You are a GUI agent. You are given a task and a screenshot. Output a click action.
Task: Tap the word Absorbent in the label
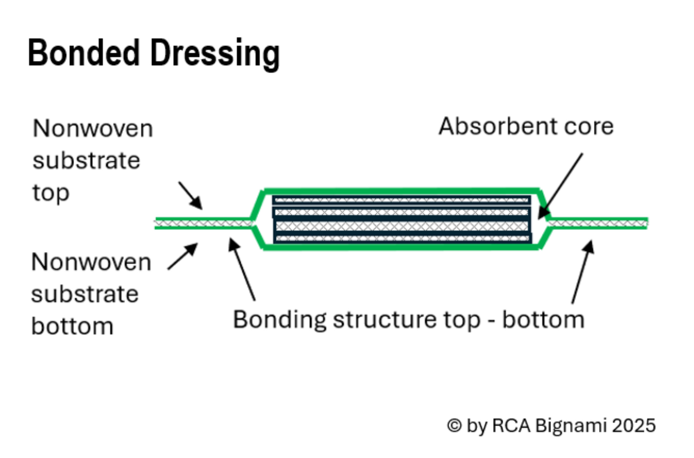[497, 126]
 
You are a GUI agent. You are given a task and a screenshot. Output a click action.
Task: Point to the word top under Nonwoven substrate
[51, 193]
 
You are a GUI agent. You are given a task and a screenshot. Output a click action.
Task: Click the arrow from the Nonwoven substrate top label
[191, 196]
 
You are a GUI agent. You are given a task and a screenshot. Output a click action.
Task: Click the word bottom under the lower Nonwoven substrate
[72, 326]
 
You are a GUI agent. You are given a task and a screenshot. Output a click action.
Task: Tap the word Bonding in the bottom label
[279, 320]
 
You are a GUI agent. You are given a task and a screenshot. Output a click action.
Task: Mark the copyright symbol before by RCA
[454, 426]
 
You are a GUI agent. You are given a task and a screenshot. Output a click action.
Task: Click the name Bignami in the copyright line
[571, 426]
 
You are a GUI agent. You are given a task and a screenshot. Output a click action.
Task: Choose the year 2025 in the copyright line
[634, 426]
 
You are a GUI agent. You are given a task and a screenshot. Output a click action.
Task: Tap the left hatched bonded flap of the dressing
[203, 223]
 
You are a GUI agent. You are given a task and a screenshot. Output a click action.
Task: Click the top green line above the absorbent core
[401, 191]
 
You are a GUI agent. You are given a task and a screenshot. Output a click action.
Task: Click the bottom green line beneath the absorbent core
[401, 247]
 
